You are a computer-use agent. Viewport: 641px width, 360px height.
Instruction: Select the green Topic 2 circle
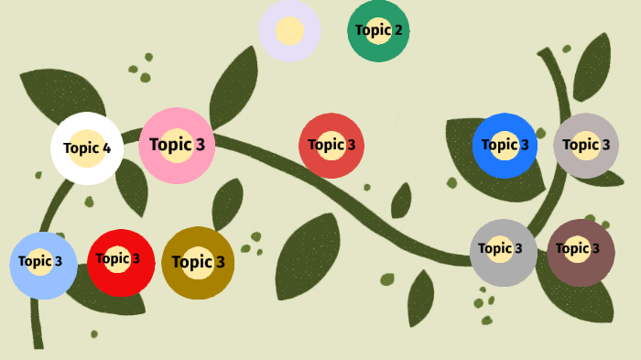378,30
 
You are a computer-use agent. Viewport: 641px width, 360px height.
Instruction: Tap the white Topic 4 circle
87,148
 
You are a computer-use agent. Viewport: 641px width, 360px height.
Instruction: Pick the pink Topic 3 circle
177,145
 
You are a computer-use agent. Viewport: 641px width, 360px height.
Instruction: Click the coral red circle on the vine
331,145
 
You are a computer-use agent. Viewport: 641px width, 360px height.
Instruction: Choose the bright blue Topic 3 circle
505,145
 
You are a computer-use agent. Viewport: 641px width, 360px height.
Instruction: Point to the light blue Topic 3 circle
43,265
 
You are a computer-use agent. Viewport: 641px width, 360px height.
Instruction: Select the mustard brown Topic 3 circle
198,263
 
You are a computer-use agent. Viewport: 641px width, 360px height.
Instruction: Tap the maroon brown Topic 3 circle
581,252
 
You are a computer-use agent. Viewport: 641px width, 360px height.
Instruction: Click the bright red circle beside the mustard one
121,262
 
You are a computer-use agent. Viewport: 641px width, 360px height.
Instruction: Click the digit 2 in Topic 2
397,30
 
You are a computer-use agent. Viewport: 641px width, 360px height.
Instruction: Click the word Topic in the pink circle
170,145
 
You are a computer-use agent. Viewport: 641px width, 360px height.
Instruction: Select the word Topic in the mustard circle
191,263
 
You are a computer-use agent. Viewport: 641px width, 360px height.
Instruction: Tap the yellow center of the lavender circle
289,30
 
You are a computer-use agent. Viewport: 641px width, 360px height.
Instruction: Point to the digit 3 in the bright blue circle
525,145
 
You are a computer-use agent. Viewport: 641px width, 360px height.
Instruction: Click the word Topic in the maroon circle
572,248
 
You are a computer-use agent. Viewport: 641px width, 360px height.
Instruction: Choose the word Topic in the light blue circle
35,262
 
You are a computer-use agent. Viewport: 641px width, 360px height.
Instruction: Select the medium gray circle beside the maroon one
504,252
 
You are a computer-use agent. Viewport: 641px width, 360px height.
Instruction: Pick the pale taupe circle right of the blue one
586,145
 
